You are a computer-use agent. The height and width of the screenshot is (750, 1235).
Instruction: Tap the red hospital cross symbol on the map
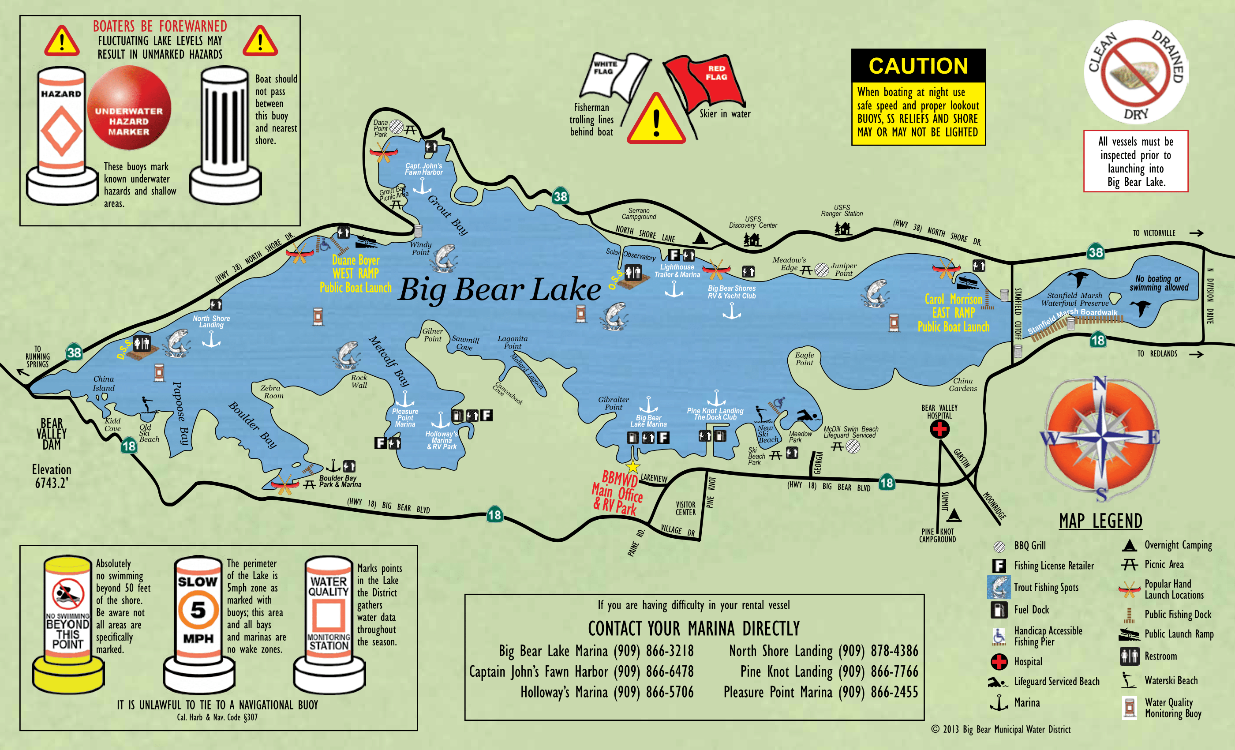(939, 429)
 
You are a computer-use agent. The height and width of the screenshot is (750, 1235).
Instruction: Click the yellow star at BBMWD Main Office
(632, 467)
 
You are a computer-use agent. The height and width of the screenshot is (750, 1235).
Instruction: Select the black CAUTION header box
(918, 66)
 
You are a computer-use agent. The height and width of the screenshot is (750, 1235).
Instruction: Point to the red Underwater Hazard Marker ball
(129, 108)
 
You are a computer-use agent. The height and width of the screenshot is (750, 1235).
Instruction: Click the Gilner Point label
(432, 334)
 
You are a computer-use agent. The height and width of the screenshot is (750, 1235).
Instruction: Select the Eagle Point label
(804, 358)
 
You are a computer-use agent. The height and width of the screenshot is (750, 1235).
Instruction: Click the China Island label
(103, 383)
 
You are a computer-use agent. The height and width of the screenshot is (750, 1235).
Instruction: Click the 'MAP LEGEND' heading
(1100, 521)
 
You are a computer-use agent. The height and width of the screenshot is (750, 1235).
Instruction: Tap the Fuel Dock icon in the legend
(999, 610)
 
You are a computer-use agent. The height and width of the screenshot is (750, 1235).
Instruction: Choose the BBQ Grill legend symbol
(999, 546)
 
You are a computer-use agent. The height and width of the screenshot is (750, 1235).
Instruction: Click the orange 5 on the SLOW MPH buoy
(198, 610)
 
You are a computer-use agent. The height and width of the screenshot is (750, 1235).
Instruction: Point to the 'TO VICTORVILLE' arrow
(1196, 232)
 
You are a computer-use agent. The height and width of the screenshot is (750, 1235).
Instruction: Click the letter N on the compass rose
(1099, 384)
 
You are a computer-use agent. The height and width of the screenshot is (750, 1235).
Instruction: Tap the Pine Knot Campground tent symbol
(954, 515)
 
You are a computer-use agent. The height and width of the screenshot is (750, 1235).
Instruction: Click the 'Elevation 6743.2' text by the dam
(51, 476)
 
